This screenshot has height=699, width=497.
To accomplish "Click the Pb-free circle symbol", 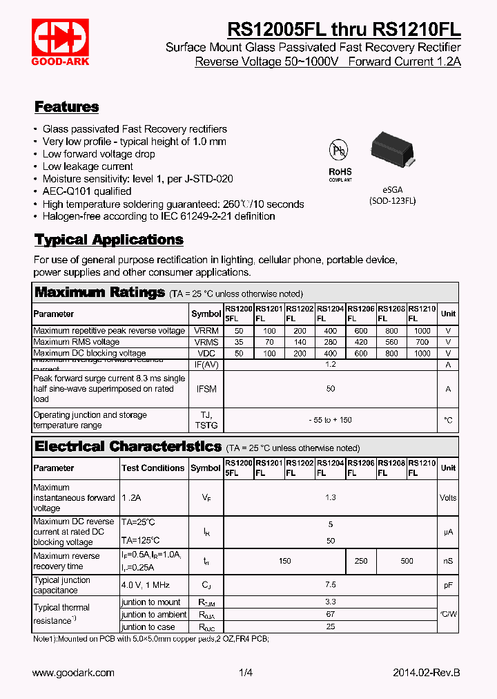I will pos(339,150).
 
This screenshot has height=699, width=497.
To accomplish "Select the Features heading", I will pos(66,107).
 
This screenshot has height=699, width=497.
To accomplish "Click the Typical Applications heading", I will pos(109,240).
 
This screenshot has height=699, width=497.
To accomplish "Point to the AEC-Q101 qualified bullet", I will pos(87,191).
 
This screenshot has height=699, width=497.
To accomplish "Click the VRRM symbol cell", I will pos(206,331).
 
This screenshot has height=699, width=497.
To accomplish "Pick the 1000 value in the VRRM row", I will pos(422,331).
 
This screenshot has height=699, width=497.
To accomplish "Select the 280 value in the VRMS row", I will pos(331,342).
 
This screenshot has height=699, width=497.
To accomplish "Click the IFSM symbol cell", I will pos(206,389).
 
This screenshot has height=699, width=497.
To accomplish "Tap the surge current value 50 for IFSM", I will pos(331,389).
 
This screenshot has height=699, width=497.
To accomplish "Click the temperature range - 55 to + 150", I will pos(331,420).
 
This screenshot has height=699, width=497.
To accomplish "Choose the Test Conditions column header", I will pos(153,468).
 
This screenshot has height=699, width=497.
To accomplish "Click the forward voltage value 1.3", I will pos(331,497).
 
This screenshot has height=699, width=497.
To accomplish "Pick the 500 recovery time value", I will pos(407,561).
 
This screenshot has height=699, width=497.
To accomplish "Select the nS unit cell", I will pos(448,561).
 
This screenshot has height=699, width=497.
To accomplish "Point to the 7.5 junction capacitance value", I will pos(331,585).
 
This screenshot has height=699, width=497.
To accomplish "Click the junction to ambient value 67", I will pos(331,614).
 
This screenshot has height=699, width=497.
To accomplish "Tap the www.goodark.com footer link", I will pos(73,673).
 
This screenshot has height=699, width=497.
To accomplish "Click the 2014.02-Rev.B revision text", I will pos(426,673).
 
